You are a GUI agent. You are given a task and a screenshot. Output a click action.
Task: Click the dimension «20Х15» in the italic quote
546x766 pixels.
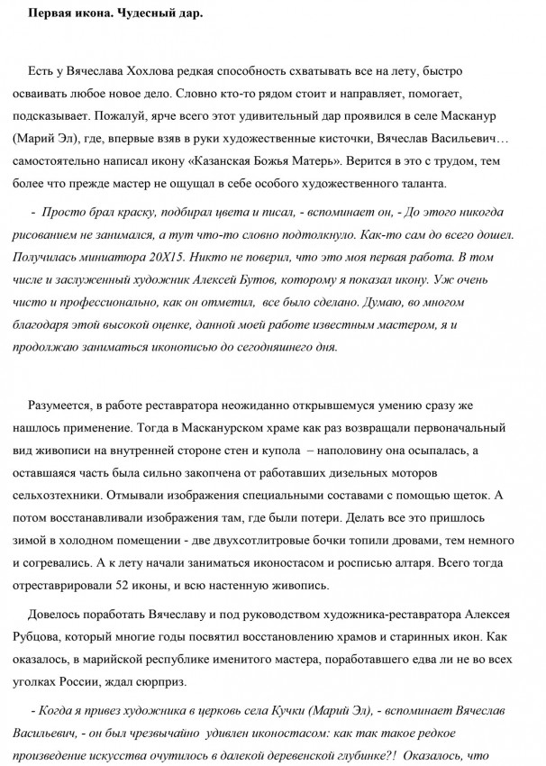coord(171,258)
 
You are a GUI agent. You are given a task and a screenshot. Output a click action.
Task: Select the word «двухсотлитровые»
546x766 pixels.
coord(282,546)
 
